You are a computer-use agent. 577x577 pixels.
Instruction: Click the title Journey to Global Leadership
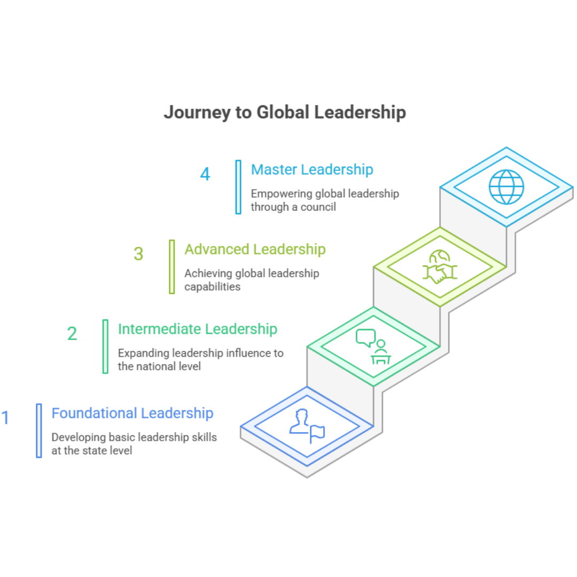pos(285,113)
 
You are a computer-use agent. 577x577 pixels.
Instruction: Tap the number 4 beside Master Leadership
pos(205,174)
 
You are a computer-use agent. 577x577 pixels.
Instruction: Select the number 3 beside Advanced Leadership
pos(138,254)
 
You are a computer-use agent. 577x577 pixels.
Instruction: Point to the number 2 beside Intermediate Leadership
pos(72,334)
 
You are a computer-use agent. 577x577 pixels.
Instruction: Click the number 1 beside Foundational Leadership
pos(5,417)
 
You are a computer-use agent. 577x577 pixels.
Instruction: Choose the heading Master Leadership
pos(312,170)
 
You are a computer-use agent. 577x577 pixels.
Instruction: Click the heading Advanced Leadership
pos(255,249)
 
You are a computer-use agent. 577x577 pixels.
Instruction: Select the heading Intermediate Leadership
pos(198,329)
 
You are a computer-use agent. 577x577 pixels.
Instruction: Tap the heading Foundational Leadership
pos(132,413)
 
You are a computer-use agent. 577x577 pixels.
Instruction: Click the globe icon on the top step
pos(506,187)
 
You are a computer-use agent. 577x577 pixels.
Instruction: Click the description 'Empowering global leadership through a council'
pos(325,200)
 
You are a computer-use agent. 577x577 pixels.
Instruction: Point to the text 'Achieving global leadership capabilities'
pos(252,279)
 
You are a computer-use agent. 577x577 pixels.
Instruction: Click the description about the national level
pos(200,360)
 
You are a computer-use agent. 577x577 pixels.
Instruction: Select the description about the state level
pos(134,443)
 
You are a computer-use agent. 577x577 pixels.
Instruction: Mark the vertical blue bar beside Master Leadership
pos(238,187)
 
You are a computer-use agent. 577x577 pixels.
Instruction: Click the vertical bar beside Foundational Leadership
pos(39,431)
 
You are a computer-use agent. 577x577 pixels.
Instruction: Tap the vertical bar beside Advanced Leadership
pos(172,267)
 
